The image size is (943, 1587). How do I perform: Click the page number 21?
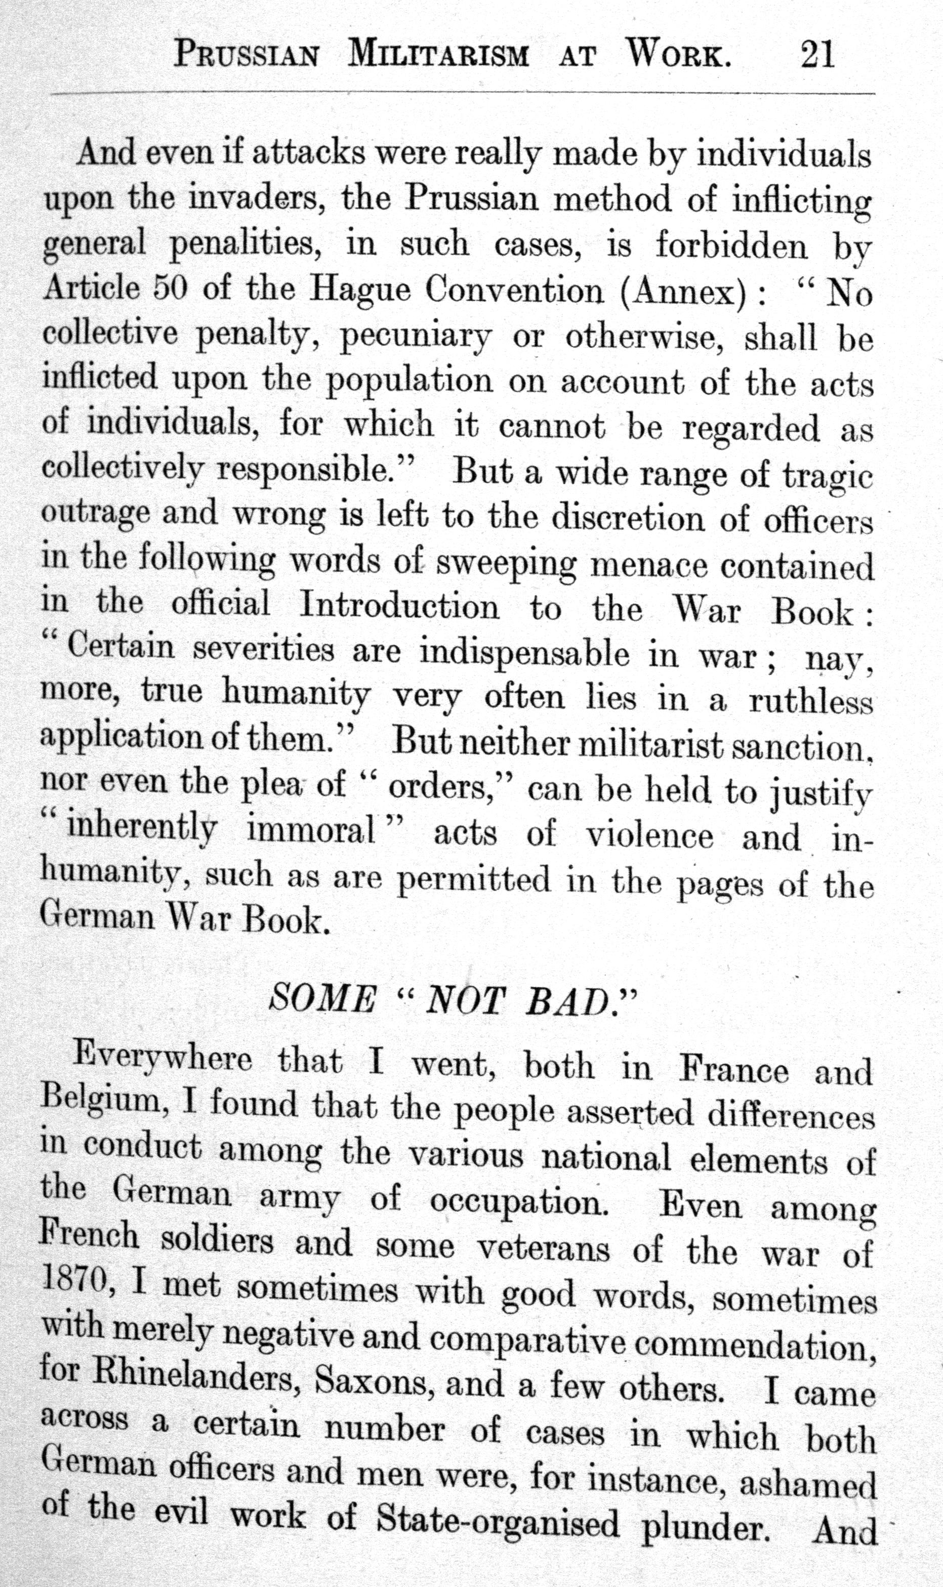tap(817, 55)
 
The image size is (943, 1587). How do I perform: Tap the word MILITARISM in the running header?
tap(438, 56)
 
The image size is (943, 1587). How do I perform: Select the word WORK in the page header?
tap(678, 56)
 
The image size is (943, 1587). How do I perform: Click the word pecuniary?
tap(416, 338)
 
